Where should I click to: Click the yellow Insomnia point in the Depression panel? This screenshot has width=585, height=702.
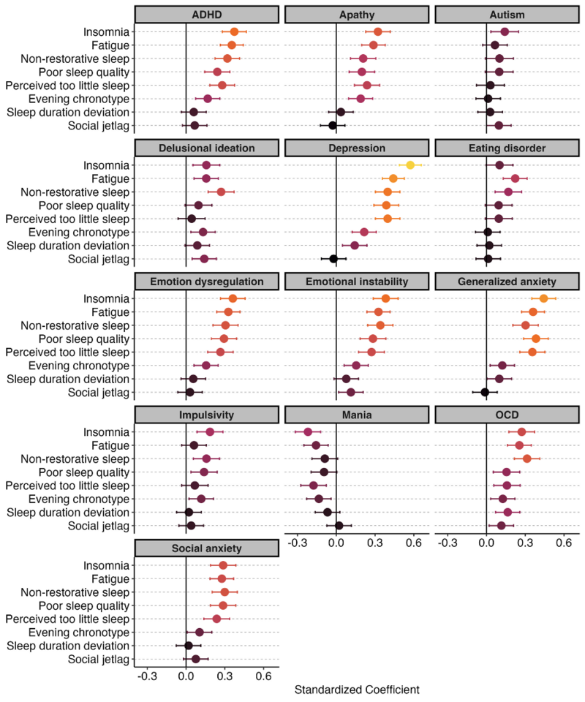[410, 165]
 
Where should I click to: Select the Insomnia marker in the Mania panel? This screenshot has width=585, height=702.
[308, 432]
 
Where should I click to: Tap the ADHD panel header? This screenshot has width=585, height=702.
[207, 15]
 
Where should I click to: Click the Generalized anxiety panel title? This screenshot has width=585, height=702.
[507, 282]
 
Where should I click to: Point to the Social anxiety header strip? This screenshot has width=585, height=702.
[207, 548]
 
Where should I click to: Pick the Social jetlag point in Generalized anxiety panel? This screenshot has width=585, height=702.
[484, 392]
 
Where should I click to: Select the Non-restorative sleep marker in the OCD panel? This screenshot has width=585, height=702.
[526, 458]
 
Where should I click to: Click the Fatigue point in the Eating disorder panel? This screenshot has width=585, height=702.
[515, 178]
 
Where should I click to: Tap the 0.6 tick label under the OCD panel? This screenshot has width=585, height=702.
[563, 544]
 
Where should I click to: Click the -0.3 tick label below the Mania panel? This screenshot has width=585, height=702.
[298, 544]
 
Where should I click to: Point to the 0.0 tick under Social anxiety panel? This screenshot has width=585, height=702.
[186, 677]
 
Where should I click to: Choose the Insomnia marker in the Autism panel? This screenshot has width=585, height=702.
[505, 31]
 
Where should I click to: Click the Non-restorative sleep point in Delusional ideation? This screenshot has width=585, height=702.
[221, 192]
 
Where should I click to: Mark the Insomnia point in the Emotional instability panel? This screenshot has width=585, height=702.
[385, 298]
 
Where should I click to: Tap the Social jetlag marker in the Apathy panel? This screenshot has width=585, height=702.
[332, 125]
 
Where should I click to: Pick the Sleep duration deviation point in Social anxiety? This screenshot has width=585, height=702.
[188, 646]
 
